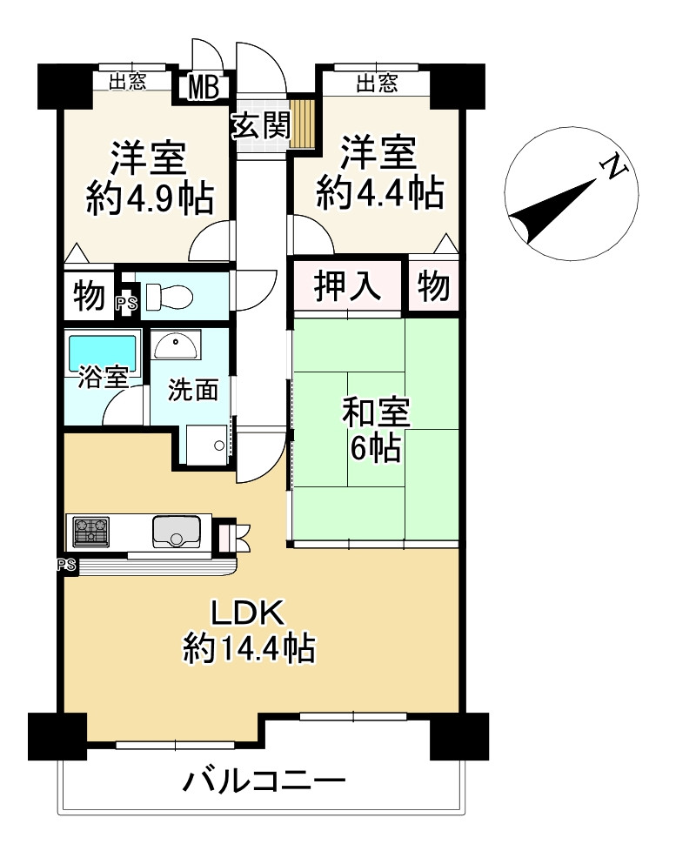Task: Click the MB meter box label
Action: tap(204, 87)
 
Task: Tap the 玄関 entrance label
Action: tap(262, 125)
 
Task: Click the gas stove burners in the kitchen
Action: tap(90, 532)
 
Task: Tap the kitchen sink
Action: tap(177, 531)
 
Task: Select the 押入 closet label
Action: tap(346, 286)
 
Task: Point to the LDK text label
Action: tap(247, 613)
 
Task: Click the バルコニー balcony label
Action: tap(264, 782)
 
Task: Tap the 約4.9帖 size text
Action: tap(151, 198)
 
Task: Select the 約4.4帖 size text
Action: tap(379, 193)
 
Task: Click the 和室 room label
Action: tap(375, 413)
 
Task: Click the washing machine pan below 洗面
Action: tap(207, 445)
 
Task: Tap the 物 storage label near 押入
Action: tap(433, 286)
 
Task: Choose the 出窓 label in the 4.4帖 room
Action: tap(377, 83)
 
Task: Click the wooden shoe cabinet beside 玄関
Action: tap(302, 124)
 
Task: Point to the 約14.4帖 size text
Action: tap(249, 648)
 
